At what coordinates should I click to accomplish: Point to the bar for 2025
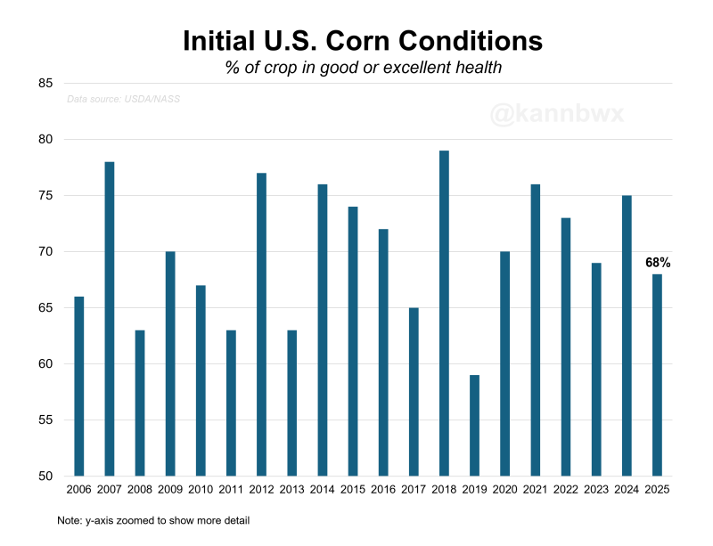[657, 375]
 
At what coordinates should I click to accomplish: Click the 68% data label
[658, 263]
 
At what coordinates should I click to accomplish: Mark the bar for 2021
[536, 330]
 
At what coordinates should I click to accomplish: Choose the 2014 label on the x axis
[322, 490]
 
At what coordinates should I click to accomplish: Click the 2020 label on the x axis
[504, 490]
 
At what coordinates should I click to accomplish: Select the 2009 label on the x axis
[170, 490]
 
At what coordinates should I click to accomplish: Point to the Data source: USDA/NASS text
[123, 99]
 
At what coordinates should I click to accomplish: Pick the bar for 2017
[414, 392]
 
